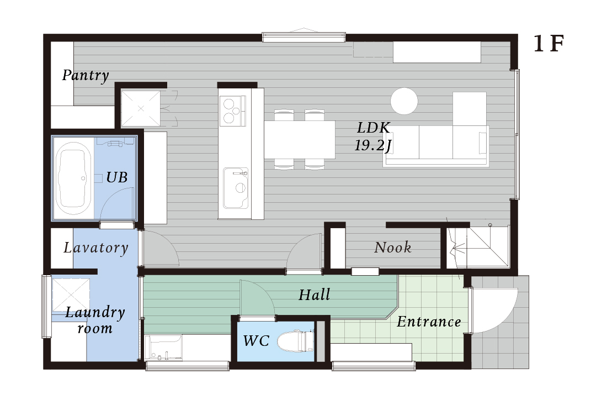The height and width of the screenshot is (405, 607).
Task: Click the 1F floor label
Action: [549, 44]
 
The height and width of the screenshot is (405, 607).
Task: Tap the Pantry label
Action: [86, 75]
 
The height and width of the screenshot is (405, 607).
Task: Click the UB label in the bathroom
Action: [117, 177]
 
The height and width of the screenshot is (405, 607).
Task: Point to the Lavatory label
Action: [96, 248]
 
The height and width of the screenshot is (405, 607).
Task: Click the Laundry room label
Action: [95, 320]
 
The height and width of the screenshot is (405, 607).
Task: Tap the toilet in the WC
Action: [296, 341]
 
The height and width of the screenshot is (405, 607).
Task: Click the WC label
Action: [256, 341]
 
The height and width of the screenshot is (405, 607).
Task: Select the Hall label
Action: [315, 295]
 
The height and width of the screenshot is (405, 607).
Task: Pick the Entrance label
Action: [429, 322]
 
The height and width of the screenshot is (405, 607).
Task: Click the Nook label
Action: [392, 248]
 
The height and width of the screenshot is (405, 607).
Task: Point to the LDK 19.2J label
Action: [373, 136]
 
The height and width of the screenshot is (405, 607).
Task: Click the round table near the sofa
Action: [404, 101]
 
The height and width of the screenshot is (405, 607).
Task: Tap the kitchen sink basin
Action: [236, 188]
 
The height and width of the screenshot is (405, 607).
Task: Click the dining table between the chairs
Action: [300, 140]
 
